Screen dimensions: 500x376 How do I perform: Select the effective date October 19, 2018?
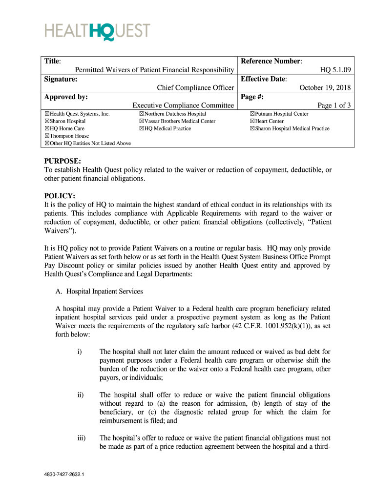pos(325,88)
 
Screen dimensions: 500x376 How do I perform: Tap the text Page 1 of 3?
pos(334,105)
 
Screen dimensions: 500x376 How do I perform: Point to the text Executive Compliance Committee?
pos(183,105)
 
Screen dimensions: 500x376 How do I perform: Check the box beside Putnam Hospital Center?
pos(252,114)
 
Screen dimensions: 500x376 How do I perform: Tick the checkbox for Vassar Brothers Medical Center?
pos(141,121)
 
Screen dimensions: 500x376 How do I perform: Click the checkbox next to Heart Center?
pos(252,121)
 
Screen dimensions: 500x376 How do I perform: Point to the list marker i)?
pos(79,352)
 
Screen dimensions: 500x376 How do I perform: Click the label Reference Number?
pos(272,61)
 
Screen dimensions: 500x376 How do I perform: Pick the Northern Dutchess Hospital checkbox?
pos(141,114)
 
